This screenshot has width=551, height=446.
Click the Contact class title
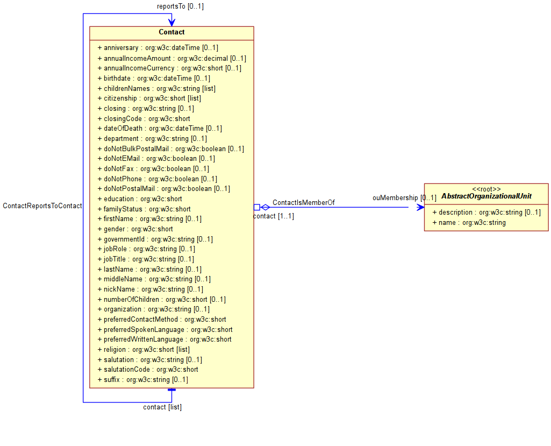(x=171, y=32)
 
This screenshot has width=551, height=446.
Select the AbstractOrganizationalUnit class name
(x=486, y=196)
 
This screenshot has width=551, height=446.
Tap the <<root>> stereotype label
(x=486, y=189)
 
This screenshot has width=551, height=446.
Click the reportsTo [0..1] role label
(x=180, y=6)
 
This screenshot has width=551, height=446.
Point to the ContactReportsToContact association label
(x=42, y=206)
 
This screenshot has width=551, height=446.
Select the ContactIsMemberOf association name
(x=304, y=203)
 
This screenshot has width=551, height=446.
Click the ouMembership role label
(x=395, y=197)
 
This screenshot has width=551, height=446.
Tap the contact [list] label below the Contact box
(x=162, y=407)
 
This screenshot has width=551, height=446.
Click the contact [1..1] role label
(x=274, y=216)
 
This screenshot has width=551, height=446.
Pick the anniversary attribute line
(x=158, y=48)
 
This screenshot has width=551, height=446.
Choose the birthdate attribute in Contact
(x=154, y=79)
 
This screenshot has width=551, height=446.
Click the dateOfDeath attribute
(x=160, y=129)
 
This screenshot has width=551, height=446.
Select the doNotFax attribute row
(x=153, y=169)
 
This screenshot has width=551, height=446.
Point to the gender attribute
(x=135, y=229)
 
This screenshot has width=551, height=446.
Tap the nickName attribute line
(x=151, y=289)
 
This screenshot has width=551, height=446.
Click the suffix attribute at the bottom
(x=142, y=379)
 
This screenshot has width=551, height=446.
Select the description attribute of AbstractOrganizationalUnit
(x=486, y=213)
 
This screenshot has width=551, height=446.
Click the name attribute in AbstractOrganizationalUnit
(x=469, y=223)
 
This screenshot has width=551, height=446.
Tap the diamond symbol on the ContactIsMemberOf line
(x=265, y=208)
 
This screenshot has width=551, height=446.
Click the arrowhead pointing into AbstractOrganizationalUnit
(x=420, y=208)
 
